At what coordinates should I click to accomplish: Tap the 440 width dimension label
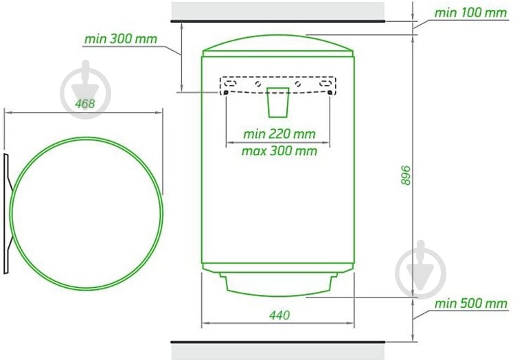[278, 315]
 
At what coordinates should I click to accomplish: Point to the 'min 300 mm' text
[120, 39]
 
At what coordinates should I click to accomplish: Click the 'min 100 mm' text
[470, 13]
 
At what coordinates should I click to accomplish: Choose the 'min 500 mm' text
[471, 303]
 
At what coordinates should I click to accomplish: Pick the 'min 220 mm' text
[279, 133]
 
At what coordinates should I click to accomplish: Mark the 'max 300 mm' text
[279, 150]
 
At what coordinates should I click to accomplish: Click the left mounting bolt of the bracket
[227, 93]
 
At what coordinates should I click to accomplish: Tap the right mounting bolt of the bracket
[332, 93]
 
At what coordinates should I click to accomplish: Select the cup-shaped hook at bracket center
[278, 102]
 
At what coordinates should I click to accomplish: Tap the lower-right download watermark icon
[421, 269]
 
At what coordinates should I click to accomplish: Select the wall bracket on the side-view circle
[6, 213]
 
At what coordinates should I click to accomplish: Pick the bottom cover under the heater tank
[278, 282]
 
